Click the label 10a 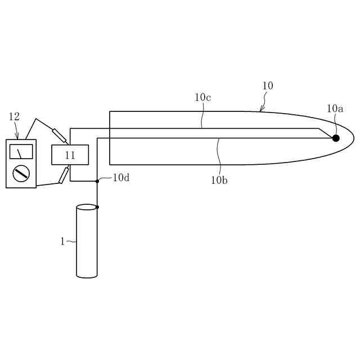pyautogui.click(x=335, y=108)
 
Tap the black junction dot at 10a pyautogui.click(x=336, y=138)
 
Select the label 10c pyautogui.click(x=202, y=97)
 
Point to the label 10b pyautogui.click(x=219, y=180)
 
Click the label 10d pyautogui.click(x=121, y=177)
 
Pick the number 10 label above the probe pyautogui.click(x=268, y=85)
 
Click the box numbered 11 pyautogui.click(x=70, y=155)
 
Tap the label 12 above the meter pyautogui.click(x=14, y=116)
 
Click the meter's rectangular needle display pyautogui.click(x=21, y=152)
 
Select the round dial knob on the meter pyautogui.click(x=21, y=173)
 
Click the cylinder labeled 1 pyautogui.click(x=87, y=242)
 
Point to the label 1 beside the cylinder pyautogui.click(x=62, y=241)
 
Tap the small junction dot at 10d pyautogui.click(x=97, y=181)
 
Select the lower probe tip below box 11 pyautogui.click(x=64, y=175)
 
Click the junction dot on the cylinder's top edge pyautogui.click(x=97, y=207)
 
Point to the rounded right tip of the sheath pyautogui.click(x=352, y=138)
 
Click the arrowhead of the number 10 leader pyautogui.click(x=260, y=110)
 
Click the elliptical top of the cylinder pyautogui.click(x=87, y=208)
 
